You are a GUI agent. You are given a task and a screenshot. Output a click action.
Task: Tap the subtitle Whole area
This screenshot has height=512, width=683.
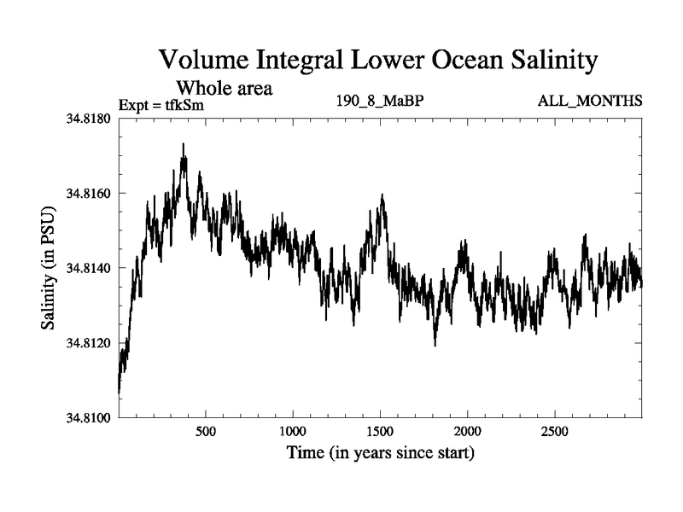(x=224, y=88)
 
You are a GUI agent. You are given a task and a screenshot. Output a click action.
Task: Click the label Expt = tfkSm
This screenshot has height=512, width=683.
(x=161, y=106)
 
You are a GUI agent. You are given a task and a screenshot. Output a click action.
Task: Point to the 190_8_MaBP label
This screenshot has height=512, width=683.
(x=381, y=102)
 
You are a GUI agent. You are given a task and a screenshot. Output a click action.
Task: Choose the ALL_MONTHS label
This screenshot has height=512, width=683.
(x=590, y=102)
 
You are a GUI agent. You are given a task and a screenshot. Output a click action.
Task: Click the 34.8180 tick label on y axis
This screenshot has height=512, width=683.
(x=90, y=119)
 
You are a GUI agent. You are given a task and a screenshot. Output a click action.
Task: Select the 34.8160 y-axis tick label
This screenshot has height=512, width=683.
(x=90, y=194)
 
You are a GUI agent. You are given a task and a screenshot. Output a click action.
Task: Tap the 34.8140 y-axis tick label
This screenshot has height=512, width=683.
(x=90, y=268)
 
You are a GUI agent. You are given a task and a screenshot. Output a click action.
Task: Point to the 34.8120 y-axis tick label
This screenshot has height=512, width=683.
(x=90, y=343)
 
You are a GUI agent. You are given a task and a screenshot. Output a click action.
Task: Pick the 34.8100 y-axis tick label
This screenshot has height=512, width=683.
(x=90, y=417)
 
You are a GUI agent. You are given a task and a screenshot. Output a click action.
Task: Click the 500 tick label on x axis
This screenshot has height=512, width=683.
(x=206, y=431)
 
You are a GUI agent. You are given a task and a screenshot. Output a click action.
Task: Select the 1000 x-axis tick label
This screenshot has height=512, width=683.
(x=293, y=431)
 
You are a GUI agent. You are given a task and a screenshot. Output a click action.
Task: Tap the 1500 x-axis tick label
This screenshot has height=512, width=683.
(x=381, y=431)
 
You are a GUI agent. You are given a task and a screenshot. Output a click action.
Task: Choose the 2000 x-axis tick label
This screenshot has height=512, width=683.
(x=468, y=431)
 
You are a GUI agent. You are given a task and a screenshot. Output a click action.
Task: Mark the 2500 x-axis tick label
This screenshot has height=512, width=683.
(x=555, y=431)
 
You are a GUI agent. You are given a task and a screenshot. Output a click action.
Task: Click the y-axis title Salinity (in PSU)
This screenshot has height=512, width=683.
(x=49, y=268)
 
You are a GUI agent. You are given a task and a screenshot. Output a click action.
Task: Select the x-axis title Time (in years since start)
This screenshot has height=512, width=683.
(x=380, y=453)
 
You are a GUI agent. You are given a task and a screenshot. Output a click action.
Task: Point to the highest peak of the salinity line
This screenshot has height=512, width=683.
(x=183, y=144)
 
